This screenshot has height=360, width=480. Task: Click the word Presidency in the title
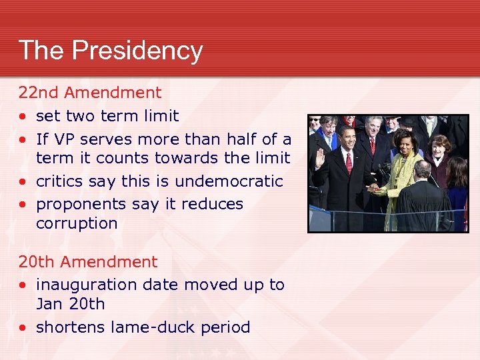coord(138,51)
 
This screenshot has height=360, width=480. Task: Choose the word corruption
coord(77,223)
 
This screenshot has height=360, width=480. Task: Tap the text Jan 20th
coord(70,304)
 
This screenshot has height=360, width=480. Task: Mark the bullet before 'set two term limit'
coord(23,117)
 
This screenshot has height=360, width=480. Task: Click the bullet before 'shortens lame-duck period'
coord(23,328)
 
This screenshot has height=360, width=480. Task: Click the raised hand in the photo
coord(320,158)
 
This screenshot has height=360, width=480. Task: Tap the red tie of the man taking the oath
coord(348,162)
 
